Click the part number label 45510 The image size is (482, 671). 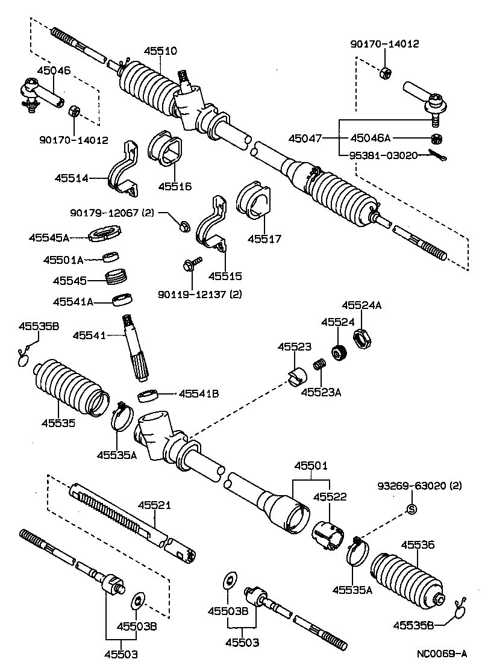[160, 51]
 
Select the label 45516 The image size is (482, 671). [175, 187]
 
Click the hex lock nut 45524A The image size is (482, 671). [360, 339]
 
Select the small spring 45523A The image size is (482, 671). [320, 365]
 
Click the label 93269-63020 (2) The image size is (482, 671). [419, 485]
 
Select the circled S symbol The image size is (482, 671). [413, 510]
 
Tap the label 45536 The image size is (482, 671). [418, 545]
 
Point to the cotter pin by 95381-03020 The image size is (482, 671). [437, 155]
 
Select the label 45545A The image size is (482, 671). [48, 237]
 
